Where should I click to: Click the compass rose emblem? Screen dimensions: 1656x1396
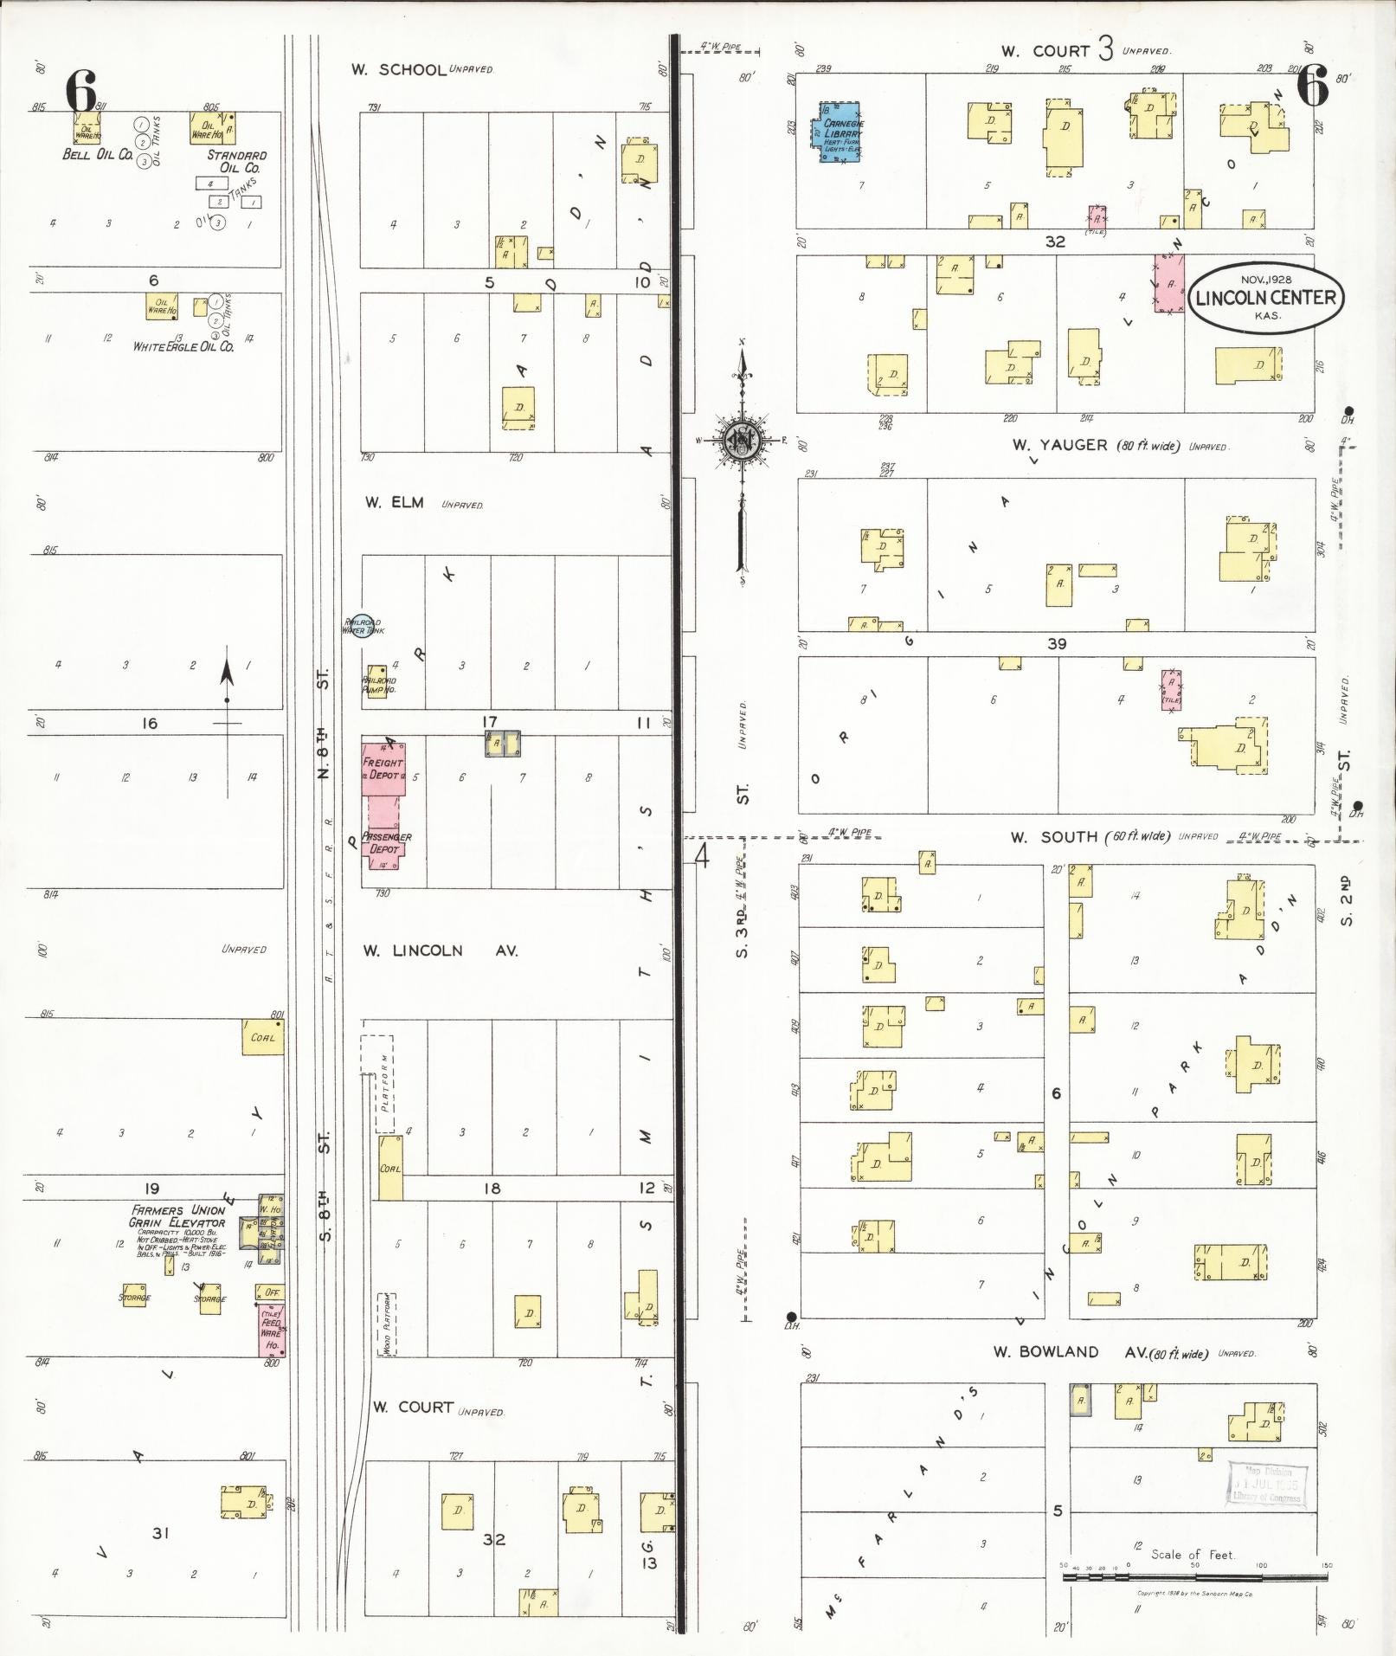tap(742, 440)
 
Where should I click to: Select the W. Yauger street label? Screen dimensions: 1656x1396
tap(1047, 445)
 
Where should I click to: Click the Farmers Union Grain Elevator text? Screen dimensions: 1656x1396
tap(177, 1216)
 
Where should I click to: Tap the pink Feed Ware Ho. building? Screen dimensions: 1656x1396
tap(272, 1331)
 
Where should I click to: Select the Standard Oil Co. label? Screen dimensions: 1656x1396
tap(236, 161)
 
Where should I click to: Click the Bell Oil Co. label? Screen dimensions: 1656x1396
tap(97, 155)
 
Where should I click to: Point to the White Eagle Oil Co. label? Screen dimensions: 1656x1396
tap(183, 346)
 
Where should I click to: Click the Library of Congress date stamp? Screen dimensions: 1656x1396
tap(1266, 1485)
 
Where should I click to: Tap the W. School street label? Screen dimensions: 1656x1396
tap(398, 69)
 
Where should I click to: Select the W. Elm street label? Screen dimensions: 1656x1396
tap(395, 502)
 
